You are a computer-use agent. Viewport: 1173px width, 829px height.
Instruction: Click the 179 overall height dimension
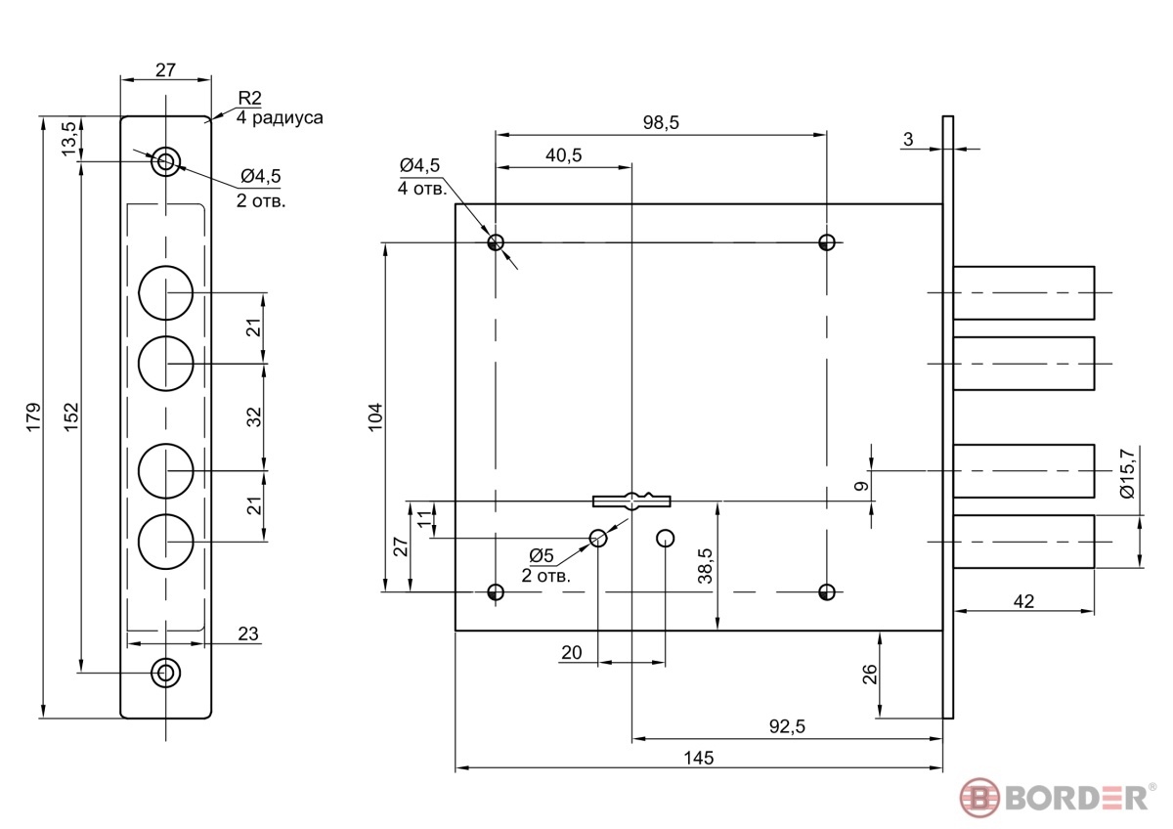(33, 416)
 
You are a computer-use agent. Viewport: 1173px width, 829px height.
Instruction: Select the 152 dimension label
(71, 416)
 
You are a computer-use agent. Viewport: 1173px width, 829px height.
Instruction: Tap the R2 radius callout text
(249, 98)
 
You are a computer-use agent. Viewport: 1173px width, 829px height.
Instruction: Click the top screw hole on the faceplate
(165, 161)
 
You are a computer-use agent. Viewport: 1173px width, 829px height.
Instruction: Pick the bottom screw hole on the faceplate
(165, 673)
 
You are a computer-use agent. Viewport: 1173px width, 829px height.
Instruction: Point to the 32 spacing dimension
(254, 416)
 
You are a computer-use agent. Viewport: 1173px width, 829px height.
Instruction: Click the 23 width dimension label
(248, 633)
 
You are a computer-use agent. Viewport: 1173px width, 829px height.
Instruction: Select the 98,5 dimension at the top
(661, 122)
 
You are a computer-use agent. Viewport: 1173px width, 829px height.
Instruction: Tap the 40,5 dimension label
(563, 155)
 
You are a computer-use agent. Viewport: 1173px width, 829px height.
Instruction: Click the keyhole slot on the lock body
(631, 501)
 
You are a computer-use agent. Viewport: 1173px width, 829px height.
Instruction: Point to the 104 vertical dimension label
(375, 416)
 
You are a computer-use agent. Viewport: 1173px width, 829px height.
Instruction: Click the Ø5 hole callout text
(541, 555)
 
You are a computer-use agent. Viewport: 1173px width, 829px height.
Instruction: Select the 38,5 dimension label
(706, 566)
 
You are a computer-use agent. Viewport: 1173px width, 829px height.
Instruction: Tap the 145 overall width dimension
(699, 758)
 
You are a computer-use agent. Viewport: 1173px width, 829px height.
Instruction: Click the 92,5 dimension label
(787, 726)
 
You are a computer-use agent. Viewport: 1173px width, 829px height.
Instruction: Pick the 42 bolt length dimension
(1023, 601)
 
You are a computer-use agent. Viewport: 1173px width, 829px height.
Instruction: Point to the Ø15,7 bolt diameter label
(1127, 473)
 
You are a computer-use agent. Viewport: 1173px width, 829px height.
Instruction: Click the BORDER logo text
(1076, 799)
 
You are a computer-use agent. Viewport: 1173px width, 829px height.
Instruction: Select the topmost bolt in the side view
(1023, 292)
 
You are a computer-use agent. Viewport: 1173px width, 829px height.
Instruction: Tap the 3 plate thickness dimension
(908, 139)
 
